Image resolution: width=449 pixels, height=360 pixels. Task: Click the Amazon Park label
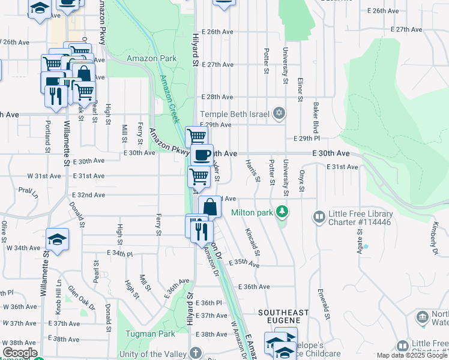pyautogui.click(x=151, y=59)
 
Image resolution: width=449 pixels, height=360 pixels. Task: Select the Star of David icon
pyautogui.click(x=279, y=113)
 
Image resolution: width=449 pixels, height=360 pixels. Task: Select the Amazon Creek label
pyautogui.click(x=169, y=99)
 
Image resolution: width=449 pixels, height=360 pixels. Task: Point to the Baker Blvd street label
pyautogui.click(x=315, y=118)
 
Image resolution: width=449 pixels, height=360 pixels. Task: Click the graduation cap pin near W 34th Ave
pyautogui.click(x=57, y=239)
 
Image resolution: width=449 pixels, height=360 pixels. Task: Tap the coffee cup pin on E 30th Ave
pyautogui.click(x=202, y=155)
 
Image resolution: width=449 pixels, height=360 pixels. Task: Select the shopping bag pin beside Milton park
pyautogui.click(x=209, y=207)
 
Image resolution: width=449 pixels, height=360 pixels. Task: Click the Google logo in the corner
pyautogui.click(x=20, y=353)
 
